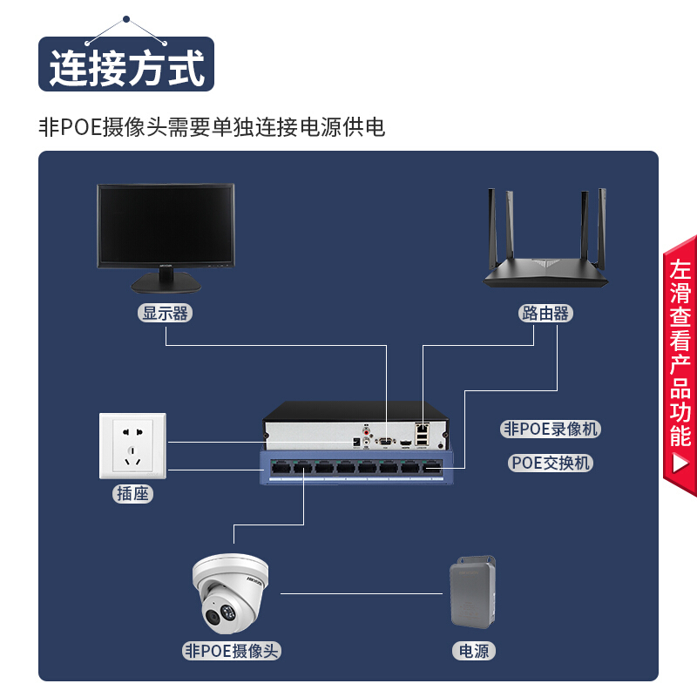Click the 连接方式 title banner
tap(126, 65)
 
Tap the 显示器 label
tap(166, 314)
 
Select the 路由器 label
tap(545, 314)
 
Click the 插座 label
tap(133, 494)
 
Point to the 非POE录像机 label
tap(551, 429)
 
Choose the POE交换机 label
tap(551, 463)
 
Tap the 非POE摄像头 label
tap(233, 650)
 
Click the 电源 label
tap(474, 650)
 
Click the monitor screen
tap(166, 225)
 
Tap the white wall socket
tap(132, 445)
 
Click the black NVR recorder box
tap(357, 425)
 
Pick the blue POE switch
tap(357, 468)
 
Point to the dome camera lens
tap(215, 616)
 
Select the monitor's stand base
tap(166, 284)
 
